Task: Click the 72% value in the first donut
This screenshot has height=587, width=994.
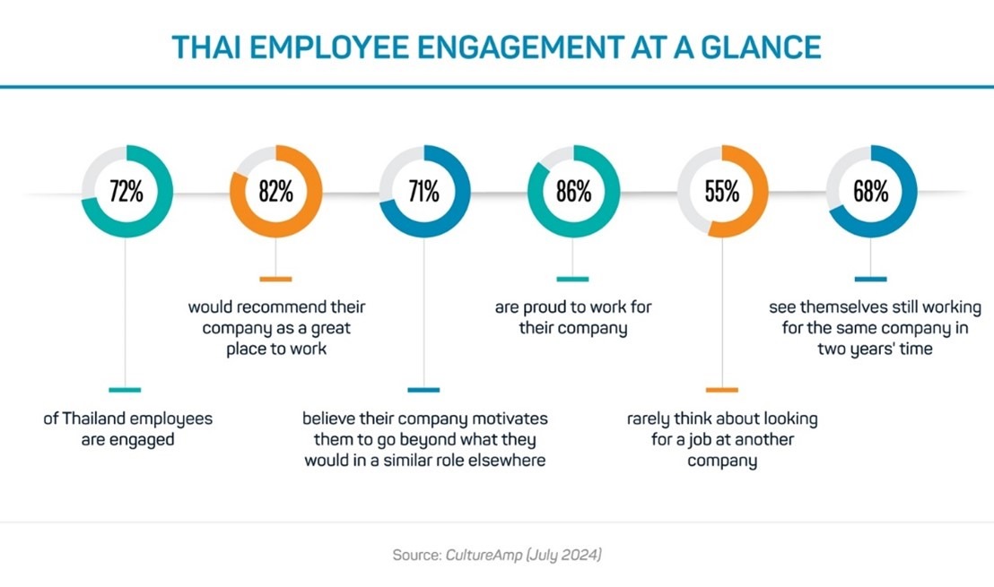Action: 126,191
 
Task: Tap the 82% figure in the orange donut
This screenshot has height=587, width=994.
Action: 275,191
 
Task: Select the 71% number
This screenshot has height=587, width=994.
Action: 423,191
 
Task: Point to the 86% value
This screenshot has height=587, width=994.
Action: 572,191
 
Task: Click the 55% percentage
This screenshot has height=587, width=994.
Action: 721,191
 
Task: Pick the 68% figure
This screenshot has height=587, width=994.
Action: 870,191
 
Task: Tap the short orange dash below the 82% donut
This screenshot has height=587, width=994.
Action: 275,279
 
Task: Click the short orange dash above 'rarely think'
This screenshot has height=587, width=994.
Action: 721,390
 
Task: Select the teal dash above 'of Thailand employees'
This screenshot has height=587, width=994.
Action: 126,390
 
